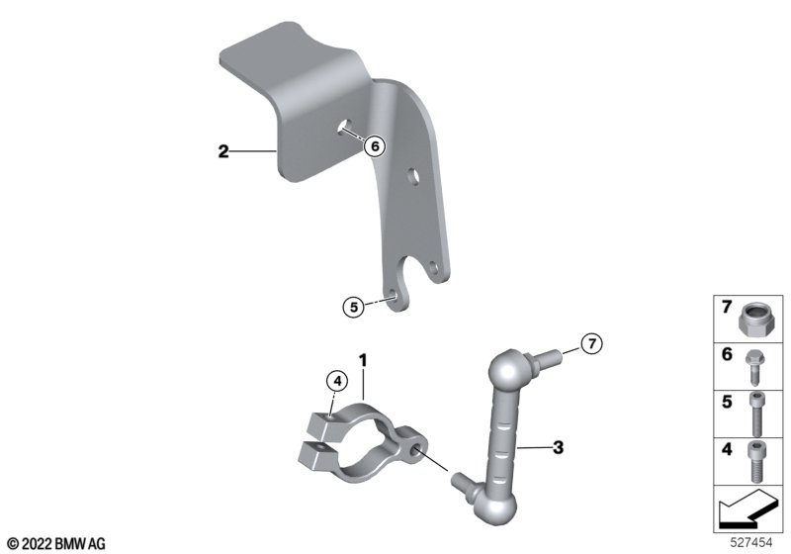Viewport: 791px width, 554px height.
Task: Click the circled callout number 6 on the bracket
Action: [x=375, y=146]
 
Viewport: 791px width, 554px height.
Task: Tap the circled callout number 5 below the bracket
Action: [x=354, y=307]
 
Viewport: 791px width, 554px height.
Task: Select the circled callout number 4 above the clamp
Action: [x=337, y=382]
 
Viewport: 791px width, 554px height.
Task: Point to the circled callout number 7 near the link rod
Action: [x=591, y=343]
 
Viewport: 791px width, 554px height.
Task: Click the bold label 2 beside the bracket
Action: [x=223, y=150]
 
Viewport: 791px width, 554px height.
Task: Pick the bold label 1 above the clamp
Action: [x=363, y=360]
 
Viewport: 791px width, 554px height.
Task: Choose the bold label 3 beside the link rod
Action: [x=558, y=447]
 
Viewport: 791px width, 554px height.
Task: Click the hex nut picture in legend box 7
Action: [x=751, y=319]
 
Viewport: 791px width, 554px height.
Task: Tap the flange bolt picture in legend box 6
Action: [x=754, y=368]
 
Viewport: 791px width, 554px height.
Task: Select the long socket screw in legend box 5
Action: [x=755, y=415]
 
